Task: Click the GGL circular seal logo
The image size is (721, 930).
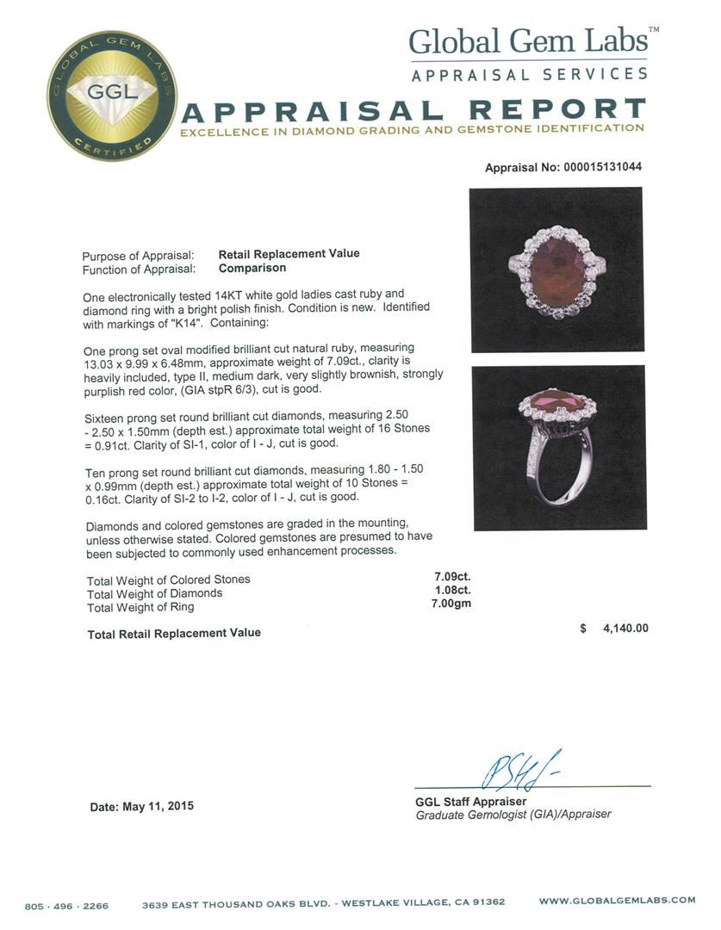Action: point(112,95)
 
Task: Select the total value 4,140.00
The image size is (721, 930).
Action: point(618,629)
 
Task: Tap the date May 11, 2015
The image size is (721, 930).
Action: point(142,807)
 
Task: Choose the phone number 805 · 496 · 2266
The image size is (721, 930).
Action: point(66,905)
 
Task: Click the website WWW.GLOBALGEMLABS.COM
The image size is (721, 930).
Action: point(617,901)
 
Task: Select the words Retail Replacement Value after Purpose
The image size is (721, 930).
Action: point(289,254)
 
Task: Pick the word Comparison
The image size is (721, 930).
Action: point(252,268)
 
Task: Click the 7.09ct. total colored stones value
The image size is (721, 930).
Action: point(451,578)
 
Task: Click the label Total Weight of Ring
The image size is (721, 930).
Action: point(140,607)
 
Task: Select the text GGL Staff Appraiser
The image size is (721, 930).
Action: point(470,802)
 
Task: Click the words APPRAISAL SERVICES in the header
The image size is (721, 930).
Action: point(529,75)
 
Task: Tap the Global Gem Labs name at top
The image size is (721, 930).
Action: point(527,41)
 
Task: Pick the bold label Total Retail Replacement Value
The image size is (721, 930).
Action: point(174,634)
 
